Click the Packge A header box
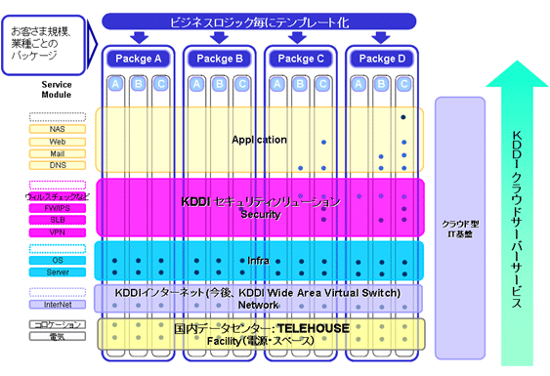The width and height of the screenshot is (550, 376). pos(138,58)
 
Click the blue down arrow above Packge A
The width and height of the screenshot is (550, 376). pos(138,37)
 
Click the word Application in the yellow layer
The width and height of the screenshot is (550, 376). pos(259,140)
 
